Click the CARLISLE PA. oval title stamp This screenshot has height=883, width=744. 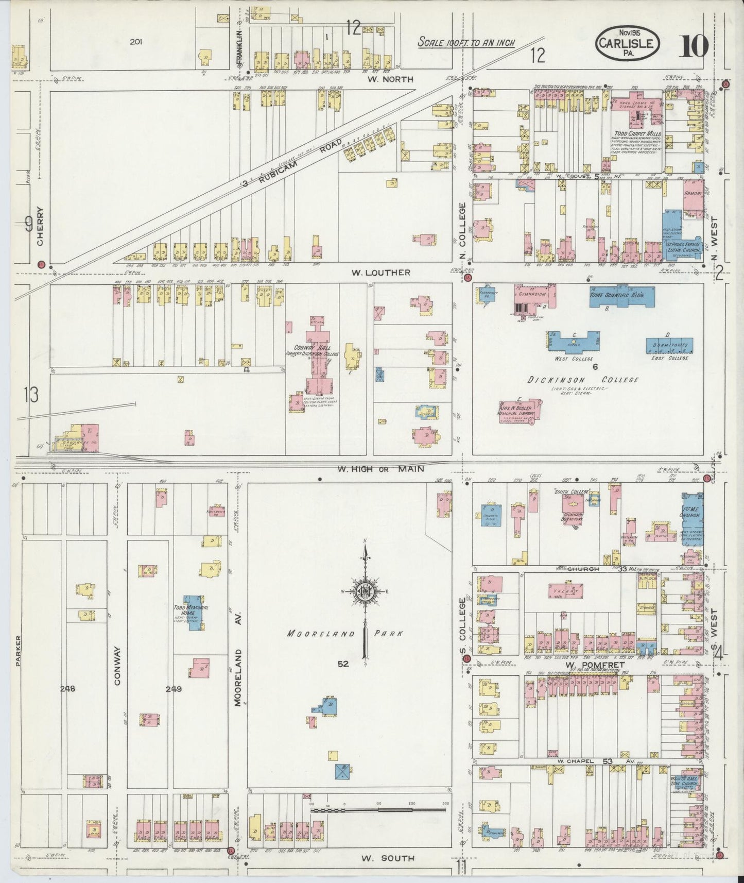(627, 44)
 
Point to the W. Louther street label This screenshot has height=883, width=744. (381, 272)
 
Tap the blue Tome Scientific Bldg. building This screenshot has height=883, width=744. (622, 297)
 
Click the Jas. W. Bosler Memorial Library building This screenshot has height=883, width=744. (520, 411)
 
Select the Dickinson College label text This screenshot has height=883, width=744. (583, 380)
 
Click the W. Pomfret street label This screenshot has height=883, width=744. (595, 665)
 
